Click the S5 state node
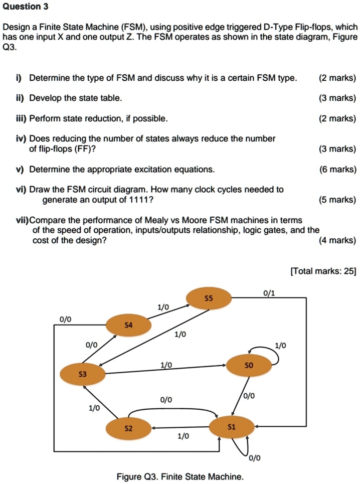209,298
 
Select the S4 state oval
128,326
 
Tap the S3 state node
82,374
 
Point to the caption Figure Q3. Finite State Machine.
179,476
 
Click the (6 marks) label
337,170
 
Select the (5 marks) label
337,200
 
